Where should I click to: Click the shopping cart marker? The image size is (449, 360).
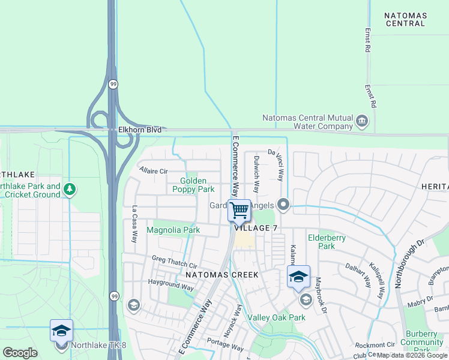(239, 211)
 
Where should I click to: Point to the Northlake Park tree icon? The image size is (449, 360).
(70, 190)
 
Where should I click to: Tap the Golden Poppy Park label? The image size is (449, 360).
(193, 185)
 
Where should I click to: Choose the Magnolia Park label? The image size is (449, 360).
(173, 230)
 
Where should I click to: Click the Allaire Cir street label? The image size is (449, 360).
(153, 171)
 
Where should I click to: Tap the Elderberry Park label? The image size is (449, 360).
(327, 242)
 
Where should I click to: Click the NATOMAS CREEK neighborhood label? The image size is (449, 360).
(221, 275)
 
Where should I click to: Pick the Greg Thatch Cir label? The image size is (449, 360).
(175, 262)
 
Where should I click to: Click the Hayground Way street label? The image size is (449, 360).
(171, 284)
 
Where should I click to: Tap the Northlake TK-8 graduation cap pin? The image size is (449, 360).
(61, 331)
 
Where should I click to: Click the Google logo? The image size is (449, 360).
(20, 352)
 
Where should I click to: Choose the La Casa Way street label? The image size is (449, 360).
(134, 224)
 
